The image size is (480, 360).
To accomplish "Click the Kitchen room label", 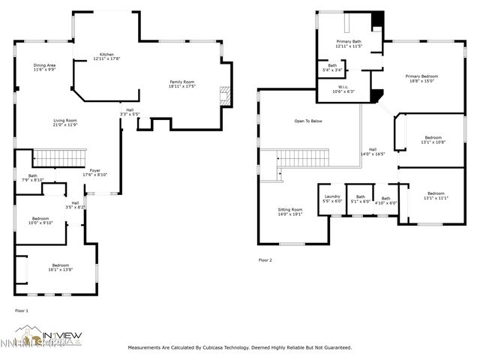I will pyautogui.click(x=106, y=56).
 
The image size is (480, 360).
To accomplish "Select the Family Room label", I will pyautogui.click(x=181, y=83).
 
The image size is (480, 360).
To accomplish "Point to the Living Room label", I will pyautogui.click(x=64, y=122).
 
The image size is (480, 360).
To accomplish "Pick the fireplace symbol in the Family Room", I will pyautogui.click(x=222, y=94).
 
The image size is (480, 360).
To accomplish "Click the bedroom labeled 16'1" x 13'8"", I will pyautogui.click(x=61, y=267).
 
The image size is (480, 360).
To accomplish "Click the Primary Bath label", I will pyautogui.click(x=349, y=43).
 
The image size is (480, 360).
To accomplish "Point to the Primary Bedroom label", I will pyautogui.click(x=422, y=78).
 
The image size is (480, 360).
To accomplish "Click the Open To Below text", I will pyautogui.click(x=308, y=121).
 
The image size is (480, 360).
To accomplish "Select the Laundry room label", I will pyautogui.click(x=331, y=199).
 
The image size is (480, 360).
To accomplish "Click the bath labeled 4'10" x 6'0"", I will pyautogui.click(x=385, y=200).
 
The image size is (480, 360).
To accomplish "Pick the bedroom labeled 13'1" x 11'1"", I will pyautogui.click(x=436, y=196).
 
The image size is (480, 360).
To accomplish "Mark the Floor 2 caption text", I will pyautogui.click(x=265, y=260).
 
